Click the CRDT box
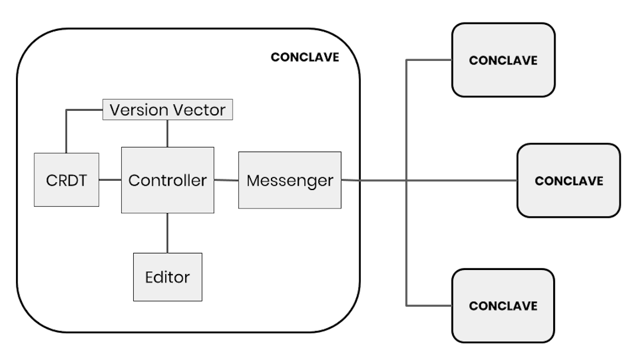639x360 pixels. tap(66, 179)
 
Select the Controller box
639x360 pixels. tap(167, 180)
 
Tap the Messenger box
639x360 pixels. tap(289, 180)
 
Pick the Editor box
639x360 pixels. tap(167, 277)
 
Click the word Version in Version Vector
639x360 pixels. tap(137, 110)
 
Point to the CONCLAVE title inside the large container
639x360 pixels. tap(305, 57)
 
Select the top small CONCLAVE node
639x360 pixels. tap(503, 60)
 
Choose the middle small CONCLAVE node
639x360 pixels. tap(569, 181)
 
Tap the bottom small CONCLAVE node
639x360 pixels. tap(503, 306)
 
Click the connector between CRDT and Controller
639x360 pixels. tap(110, 179)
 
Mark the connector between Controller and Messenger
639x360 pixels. tap(226, 180)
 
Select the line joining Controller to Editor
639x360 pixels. tap(167, 233)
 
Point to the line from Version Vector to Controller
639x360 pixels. tap(167, 133)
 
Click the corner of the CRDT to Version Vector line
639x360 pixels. tap(66, 110)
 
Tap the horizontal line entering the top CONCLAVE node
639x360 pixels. tap(429, 60)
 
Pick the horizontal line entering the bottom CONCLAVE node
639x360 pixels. tap(429, 306)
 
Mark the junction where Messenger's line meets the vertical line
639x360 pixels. tap(406, 181)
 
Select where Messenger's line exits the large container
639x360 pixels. tap(360, 181)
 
